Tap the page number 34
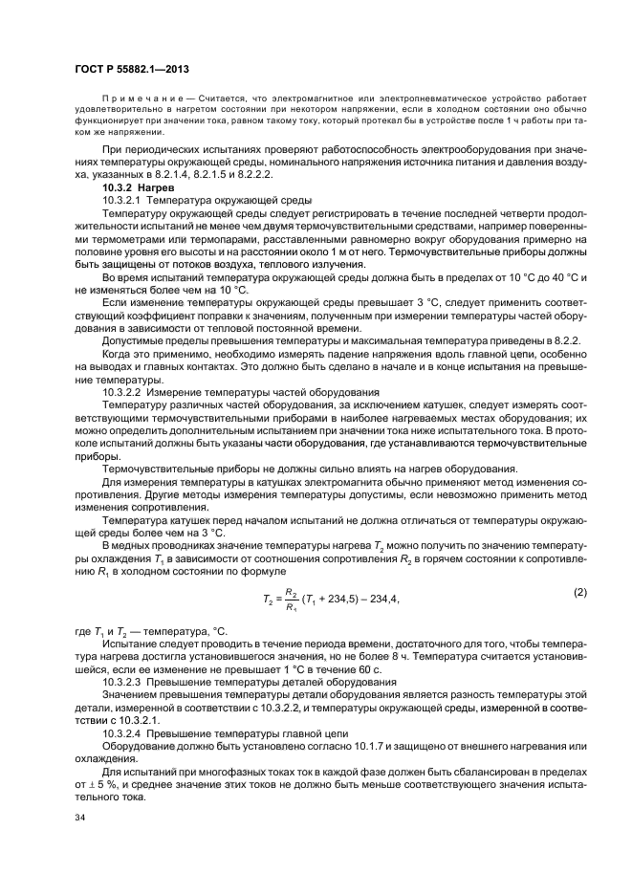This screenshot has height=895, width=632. click(79, 819)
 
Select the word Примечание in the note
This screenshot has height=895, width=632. click(136, 98)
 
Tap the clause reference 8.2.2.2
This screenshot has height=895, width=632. click(421, 177)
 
